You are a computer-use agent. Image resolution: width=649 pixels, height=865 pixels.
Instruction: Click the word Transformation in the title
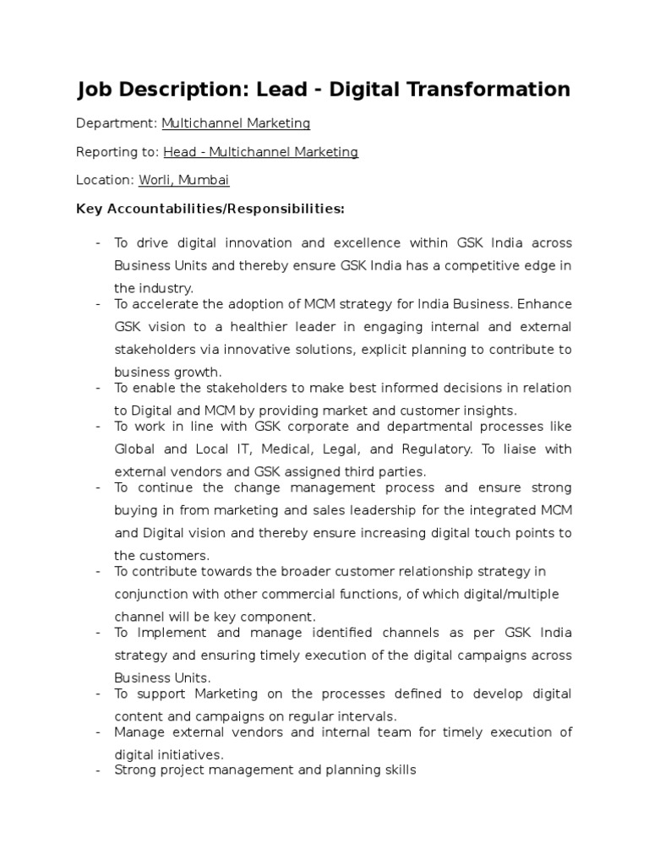pyautogui.click(x=490, y=90)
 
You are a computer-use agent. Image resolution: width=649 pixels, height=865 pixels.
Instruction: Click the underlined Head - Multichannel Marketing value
pyautogui.click(x=260, y=152)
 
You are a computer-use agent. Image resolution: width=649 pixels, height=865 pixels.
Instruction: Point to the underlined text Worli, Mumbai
pyautogui.click(x=196, y=180)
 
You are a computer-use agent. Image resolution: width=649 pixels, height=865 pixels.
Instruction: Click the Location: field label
pyautogui.click(x=105, y=180)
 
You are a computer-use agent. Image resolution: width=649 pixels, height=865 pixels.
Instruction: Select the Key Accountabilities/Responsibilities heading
pyautogui.click(x=210, y=209)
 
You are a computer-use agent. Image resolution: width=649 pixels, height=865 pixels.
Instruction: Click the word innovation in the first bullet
pyautogui.click(x=254, y=243)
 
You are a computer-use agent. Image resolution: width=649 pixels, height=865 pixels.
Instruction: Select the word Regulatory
pyautogui.click(x=437, y=449)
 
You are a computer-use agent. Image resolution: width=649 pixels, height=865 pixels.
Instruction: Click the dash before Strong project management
pyautogui.click(x=98, y=770)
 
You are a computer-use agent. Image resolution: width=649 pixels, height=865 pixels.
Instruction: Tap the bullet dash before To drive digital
pyautogui.click(x=98, y=243)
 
